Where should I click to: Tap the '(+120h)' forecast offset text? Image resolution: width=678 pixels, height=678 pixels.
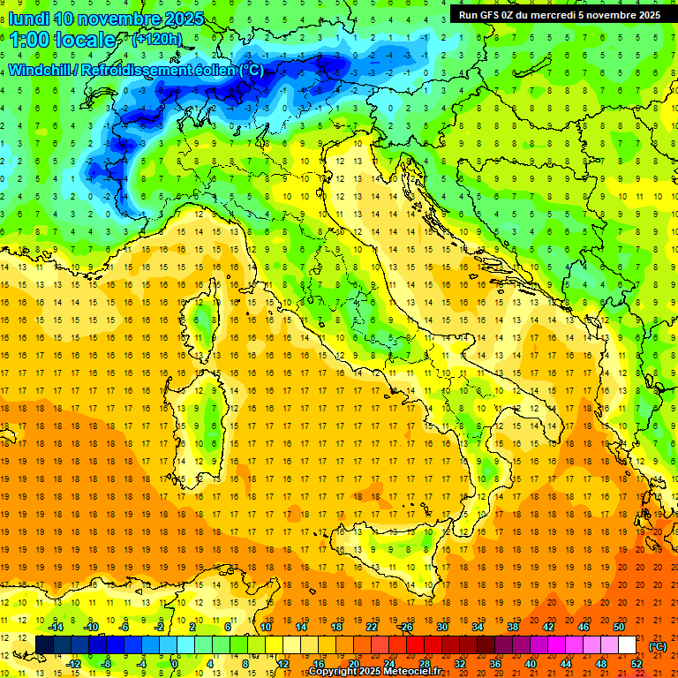[x=157, y=39]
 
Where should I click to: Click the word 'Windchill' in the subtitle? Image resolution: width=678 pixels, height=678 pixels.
[x=41, y=70]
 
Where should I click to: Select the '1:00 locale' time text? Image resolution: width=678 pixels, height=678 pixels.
[x=62, y=40]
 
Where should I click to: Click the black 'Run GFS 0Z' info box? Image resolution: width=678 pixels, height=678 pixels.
[x=559, y=14]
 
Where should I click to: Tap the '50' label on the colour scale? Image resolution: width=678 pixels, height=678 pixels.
[x=619, y=627]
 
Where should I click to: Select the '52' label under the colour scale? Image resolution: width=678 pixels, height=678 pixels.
[x=637, y=664]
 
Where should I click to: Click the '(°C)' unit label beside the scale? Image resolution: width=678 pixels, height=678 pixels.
[x=657, y=646]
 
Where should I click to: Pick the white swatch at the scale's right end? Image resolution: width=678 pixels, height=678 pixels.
[x=628, y=645]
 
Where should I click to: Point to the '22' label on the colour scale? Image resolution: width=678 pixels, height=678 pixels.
[x=372, y=627]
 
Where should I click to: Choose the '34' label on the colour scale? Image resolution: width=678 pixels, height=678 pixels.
[x=478, y=627]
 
